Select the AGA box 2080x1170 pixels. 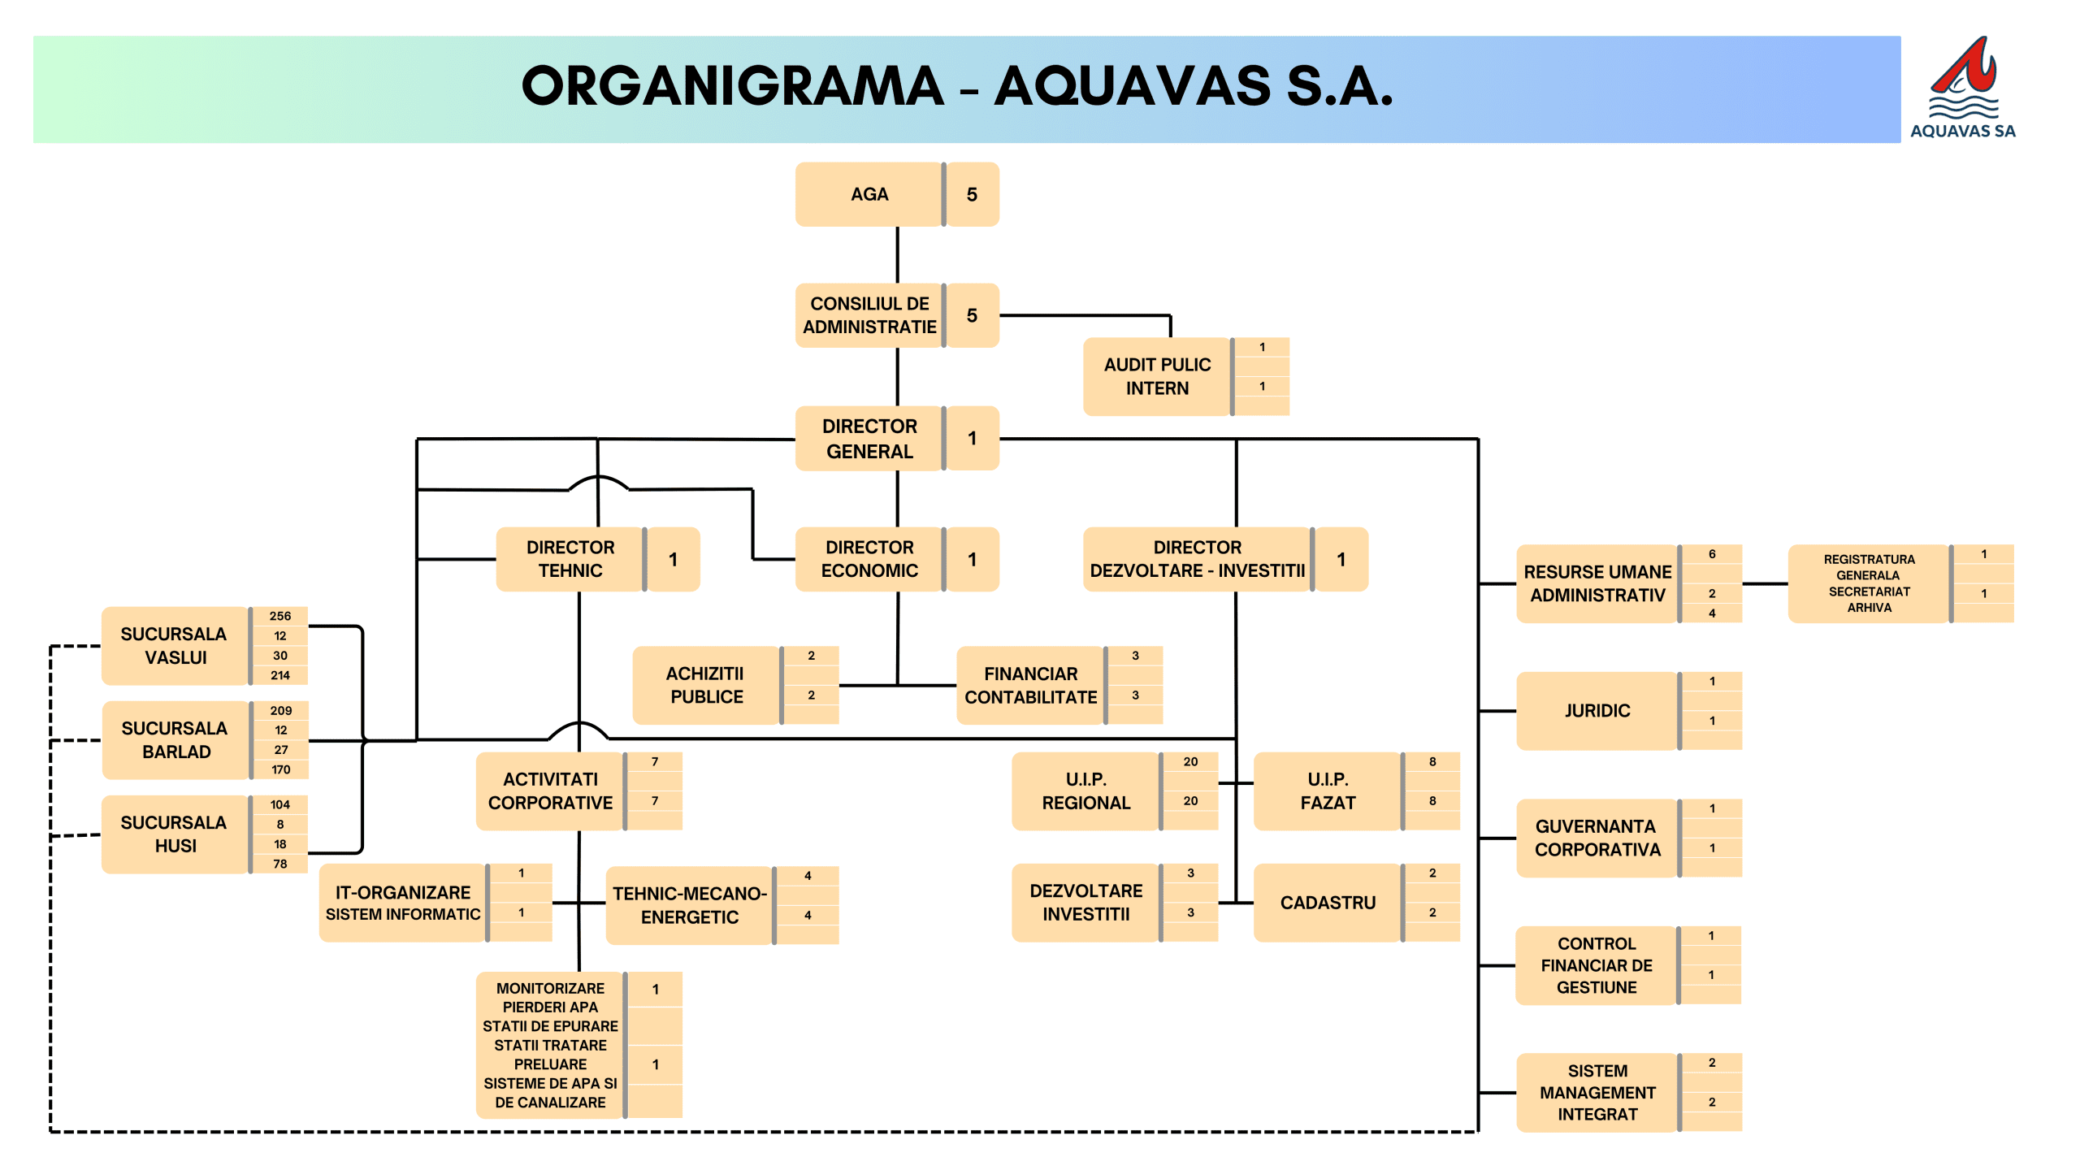[x=869, y=194]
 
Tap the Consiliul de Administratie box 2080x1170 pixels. [x=869, y=315]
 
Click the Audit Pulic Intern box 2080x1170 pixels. [x=1156, y=376]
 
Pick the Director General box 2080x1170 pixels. [x=869, y=438]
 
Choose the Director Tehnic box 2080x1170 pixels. [x=570, y=559]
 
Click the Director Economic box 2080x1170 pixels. [x=869, y=559]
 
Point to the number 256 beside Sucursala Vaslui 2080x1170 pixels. [x=280, y=616]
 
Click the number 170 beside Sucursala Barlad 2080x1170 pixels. [x=280, y=769]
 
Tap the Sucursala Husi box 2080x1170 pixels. [x=175, y=834]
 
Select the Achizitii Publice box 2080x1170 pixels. [x=706, y=685]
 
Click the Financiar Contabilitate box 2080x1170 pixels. [x=1030, y=685]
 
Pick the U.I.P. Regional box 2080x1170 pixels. [x=1085, y=791]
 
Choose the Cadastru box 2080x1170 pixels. [x=1328, y=903]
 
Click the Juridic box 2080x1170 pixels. [x=1597, y=711]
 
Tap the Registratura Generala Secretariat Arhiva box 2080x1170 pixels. [x=1868, y=583]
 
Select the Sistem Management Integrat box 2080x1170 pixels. [x=1597, y=1092]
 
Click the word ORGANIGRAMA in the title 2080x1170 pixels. [x=732, y=87]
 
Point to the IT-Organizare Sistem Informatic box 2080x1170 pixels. [x=403, y=903]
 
